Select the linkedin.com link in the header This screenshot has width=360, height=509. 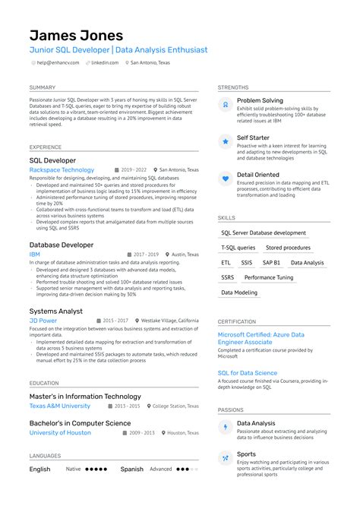point(104,62)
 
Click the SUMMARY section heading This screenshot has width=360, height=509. point(43,87)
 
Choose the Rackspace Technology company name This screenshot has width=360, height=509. point(62,170)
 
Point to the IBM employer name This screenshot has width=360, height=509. point(35,254)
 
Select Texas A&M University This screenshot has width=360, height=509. point(59,406)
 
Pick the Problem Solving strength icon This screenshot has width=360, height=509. point(226,104)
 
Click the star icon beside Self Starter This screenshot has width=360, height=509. point(226,141)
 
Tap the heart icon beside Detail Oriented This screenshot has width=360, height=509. point(226,179)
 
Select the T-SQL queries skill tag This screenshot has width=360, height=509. point(238,248)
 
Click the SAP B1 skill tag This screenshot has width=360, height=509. point(271,262)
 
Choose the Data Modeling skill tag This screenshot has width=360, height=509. point(239,292)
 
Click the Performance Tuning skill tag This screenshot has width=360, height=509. point(268,277)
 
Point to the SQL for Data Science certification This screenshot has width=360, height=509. point(248,373)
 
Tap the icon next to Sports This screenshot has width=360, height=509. point(226,457)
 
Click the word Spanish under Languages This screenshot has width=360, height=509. point(132,469)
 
